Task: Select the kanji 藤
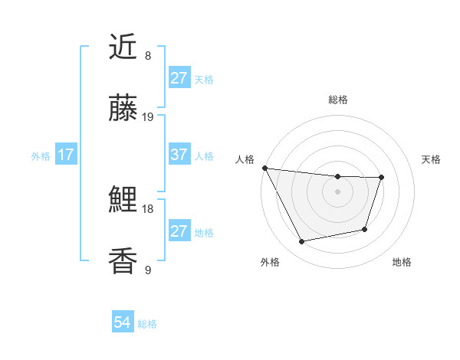[x=123, y=109]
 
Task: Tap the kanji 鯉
[x=123, y=201]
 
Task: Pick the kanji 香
[x=123, y=261]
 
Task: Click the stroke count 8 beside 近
[x=148, y=56]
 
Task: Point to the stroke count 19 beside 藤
[x=148, y=117]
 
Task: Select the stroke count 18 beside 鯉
[x=148, y=208]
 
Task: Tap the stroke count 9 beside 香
[x=148, y=270]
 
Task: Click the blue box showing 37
[x=179, y=155]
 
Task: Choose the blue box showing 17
[x=66, y=155]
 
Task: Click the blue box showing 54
[x=123, y=322]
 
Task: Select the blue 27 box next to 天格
[x=179, y=78]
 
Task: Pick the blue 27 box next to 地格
[x=179, y=231]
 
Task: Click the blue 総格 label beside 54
[x=147, y=323]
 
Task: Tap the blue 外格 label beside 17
[x=41, y=155]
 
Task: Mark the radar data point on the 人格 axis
[x=264, y=168]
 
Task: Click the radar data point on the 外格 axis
[x=302, y=242]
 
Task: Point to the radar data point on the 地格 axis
[x=365, y=229]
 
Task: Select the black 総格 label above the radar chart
[x=337, y=100]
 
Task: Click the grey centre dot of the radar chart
[x=337, y=191]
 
